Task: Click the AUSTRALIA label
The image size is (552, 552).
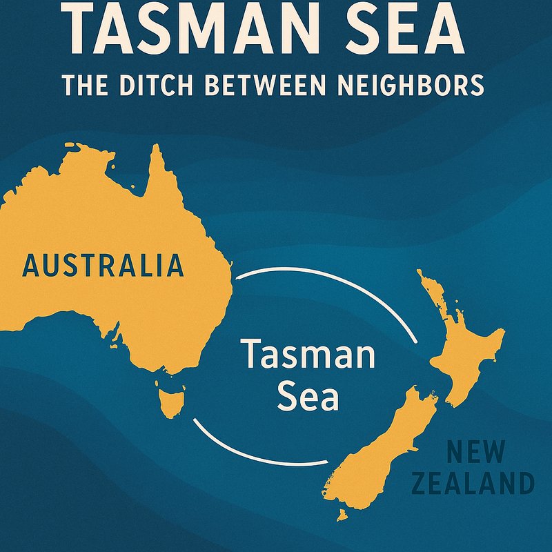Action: pos(103,266)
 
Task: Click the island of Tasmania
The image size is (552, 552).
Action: pos(168,403)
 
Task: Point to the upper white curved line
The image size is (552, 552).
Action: pos(331,283)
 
